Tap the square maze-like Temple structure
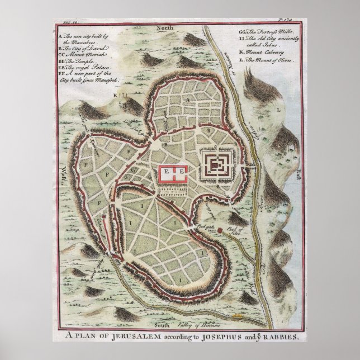(216, 165)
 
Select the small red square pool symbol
(221, 230)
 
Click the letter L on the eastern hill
(278, 110)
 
